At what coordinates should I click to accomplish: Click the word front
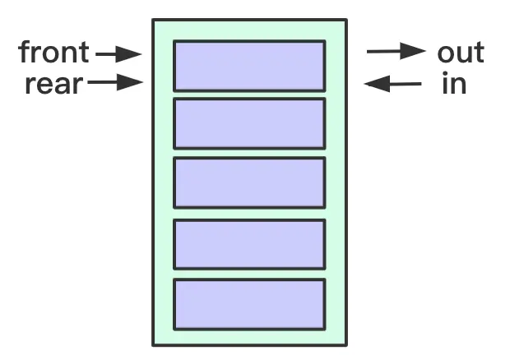(x=54, y=53)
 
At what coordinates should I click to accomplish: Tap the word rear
(x=53, y=83)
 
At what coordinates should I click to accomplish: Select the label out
(x=461, y=53)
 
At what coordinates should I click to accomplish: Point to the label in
(x=453, y=83)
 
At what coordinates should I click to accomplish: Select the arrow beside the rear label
(x=115, y=82)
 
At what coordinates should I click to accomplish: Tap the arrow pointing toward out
(x=395, y=52)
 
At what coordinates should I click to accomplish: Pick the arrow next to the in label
(x=393, y=82)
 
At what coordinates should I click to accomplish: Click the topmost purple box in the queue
(x=249, y=65)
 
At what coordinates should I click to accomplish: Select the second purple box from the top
(x=249, y=123)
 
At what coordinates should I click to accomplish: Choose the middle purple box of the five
(x=249, y=182)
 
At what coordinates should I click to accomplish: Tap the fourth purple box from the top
(x=249, y=243)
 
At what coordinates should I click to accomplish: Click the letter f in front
(x=25, y=53)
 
